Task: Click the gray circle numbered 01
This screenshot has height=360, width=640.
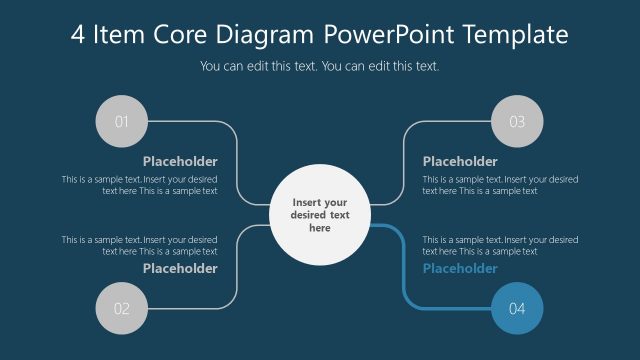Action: (120, 122)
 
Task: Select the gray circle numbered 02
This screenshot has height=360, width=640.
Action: (120, 308)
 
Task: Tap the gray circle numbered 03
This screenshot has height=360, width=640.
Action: (518, 122)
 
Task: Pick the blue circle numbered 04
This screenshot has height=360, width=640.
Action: (518, 308)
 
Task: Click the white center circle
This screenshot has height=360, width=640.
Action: (320, 215)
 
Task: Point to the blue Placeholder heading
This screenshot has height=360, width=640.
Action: (460, 268)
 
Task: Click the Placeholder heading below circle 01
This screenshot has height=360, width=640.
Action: (180, 161)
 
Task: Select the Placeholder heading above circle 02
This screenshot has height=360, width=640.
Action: (180, 268)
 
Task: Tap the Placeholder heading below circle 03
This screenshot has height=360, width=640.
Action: (460, 161)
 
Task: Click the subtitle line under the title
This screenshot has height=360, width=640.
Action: (320, 66)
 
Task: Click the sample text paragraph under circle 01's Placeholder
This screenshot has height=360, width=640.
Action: (140, 185)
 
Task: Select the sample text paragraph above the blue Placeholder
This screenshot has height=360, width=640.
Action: (500, 245)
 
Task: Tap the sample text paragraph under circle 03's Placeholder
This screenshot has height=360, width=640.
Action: (500, 185)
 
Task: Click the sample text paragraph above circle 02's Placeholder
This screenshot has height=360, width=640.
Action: (140, 245)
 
